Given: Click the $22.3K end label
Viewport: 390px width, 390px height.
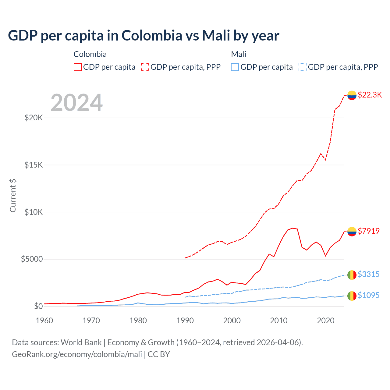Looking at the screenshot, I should coord(370,95).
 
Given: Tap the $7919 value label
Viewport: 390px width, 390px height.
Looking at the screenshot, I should coord(369,231).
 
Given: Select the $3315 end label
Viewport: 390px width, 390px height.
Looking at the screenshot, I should coord(368,274).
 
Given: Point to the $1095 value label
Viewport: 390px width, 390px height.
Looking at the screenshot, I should coord(368,295).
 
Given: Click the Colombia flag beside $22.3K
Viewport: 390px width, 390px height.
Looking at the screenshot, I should coord(352,95).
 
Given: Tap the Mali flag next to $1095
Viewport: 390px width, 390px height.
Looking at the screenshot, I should coord(352,296).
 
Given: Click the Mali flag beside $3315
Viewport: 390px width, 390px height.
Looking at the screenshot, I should coord(352,275).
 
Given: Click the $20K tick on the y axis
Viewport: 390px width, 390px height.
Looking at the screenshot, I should coord(34,118).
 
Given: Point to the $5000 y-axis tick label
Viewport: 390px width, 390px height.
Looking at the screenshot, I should coord(32,259).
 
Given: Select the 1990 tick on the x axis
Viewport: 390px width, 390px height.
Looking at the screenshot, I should coord(185,321).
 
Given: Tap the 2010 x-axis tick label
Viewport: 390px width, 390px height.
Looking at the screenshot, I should coord(279,321).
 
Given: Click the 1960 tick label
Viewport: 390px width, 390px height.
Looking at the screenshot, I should coord(44,321).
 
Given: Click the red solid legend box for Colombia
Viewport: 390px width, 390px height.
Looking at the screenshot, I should coord(78,67).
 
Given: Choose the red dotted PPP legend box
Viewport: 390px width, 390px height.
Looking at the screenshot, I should coord(145,67).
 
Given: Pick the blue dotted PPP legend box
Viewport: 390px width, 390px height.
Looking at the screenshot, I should coord(303,67).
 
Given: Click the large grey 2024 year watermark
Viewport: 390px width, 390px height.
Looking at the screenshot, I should coord(76,103).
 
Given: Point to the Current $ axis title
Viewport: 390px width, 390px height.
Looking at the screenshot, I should coord(13,196).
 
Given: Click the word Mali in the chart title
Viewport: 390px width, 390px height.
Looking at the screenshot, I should coord(216,35).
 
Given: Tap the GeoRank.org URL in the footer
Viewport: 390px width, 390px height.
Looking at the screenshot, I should coord(77,354).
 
